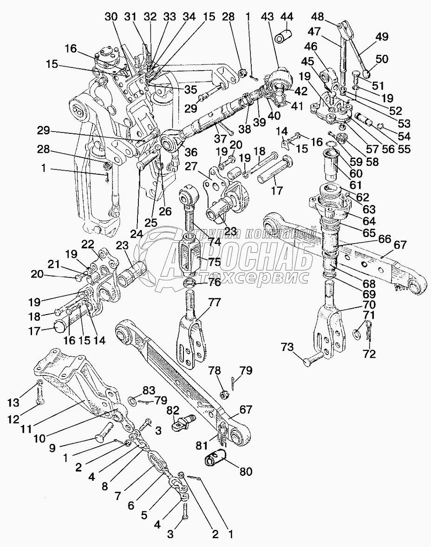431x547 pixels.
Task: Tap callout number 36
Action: click(x=191, y=152)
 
